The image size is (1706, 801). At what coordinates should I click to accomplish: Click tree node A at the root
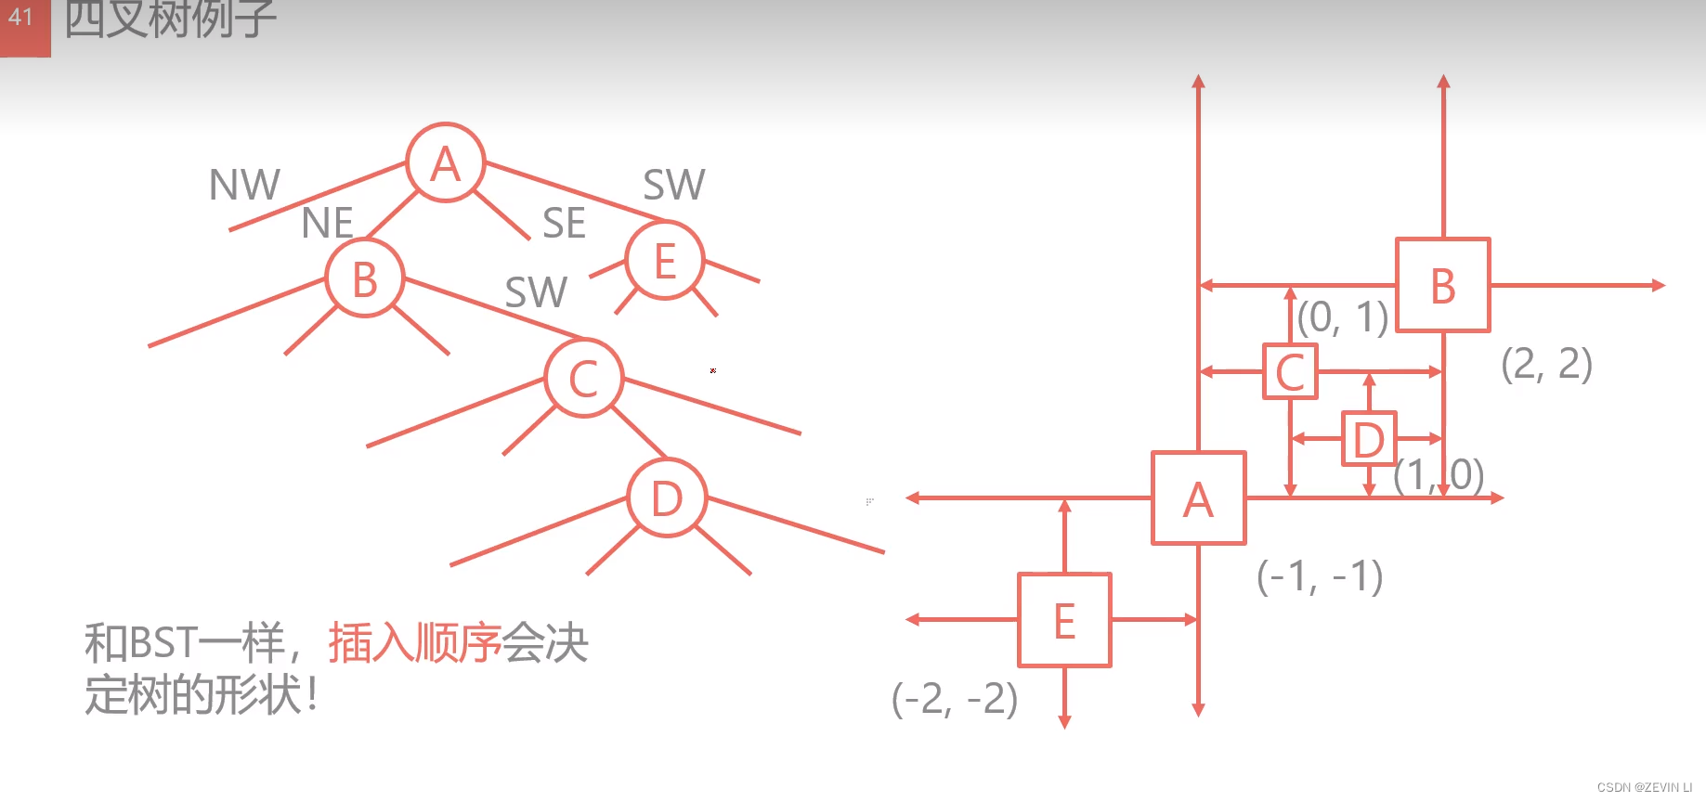pyautogui.click(x=446, y=163)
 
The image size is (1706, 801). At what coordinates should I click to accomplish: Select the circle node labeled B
pyautogui.click(x=365, y=278)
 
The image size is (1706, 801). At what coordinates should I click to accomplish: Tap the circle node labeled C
pyautogui.click(x=583, y=378)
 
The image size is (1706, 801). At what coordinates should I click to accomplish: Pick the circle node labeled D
pyautogui.click(x=667, y=498)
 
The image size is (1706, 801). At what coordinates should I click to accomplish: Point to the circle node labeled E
pyautogui.click(x=665, y=261)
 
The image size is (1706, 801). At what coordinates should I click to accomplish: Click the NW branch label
pyautogui.click(x=244, y=185)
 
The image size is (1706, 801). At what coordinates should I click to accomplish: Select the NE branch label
pyautogui.click(x=328, y=223)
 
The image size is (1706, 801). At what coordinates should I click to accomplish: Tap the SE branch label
pyautogui.click(x=564, y=223)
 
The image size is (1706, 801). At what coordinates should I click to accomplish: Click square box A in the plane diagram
pyautogui.click(x=1198, y=498)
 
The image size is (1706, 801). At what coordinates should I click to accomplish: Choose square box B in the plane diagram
pyautogui.click(x=1443, y=285)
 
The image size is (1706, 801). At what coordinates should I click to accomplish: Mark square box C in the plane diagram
pyautogui.click(x=1290, y=372)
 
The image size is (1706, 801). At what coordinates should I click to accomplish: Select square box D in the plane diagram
pyautogui.click(x=1369, y=439)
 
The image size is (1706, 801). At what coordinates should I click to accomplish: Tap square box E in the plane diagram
pyautogui.click(x=1064, y=620)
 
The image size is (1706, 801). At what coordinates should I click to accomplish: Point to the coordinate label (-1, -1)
pyautogui.click(x=1320, y=576)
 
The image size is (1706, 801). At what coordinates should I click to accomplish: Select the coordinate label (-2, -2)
pyautogui.click(x=955, y=698)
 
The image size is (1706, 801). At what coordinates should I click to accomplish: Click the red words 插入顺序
pyautogui.click(x=414, y=642)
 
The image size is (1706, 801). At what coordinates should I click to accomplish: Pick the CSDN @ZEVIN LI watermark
pyautogui.click(x=1644, y=787)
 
